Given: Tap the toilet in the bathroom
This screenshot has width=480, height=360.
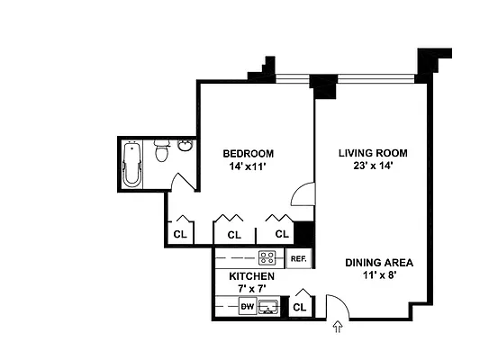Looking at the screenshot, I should click(162, 151).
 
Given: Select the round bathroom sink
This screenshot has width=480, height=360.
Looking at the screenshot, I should click(185, 147).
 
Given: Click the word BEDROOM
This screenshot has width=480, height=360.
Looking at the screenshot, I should click(248, 153).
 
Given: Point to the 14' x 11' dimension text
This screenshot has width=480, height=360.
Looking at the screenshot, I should click(248, 166).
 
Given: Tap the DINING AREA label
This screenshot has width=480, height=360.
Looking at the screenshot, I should click(379, 263).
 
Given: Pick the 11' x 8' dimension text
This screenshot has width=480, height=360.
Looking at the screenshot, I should click(379, 275).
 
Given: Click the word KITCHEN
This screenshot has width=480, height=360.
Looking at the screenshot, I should click(250, 276).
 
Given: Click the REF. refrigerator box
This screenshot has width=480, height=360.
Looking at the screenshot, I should click(299, 259).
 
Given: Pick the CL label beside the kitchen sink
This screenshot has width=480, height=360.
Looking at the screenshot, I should click(300, 308).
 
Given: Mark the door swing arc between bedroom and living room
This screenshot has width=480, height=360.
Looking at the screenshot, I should click(307, 193).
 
